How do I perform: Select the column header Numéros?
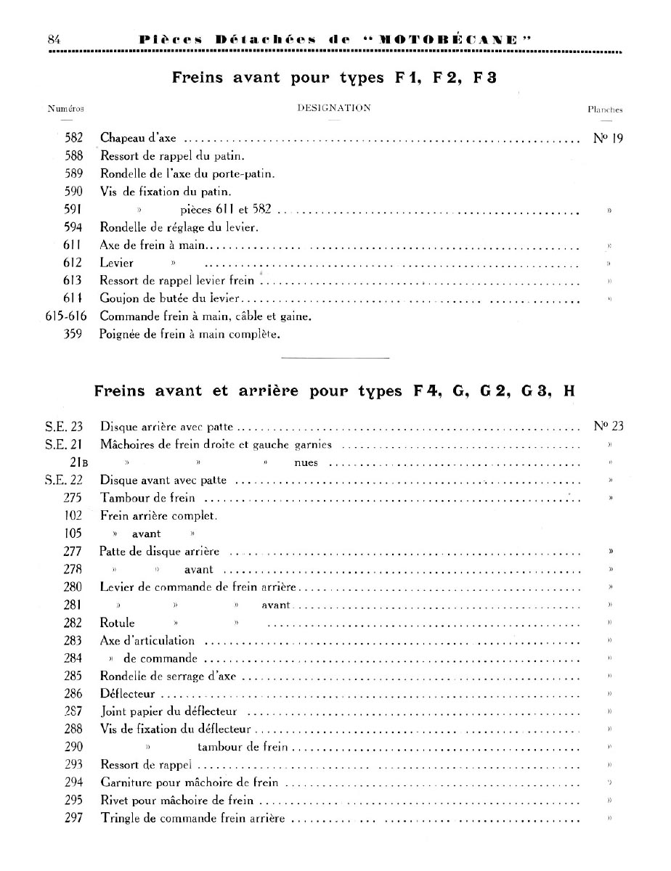66,109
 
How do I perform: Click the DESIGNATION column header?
334,108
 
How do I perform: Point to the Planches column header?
605,109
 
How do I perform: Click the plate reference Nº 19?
603,137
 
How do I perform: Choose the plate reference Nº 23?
603,426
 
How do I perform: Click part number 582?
73,137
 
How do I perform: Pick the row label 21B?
75,462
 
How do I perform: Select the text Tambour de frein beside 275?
147,498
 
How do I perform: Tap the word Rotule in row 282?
117,622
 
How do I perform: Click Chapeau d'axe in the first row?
138,137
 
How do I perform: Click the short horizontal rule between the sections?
335,358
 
